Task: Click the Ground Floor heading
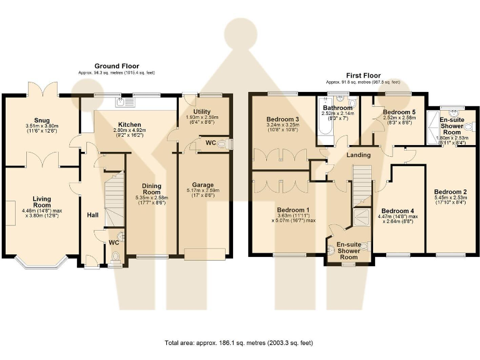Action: pyautogui.click(x=116, y=66)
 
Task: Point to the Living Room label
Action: pyautogui.click(x=42, y=202)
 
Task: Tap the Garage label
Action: pyautogui.click(x=203, y=185)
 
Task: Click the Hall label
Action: pyautogui.click(x=92, y=215)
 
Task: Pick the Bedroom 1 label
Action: pyautogui.click(x=294, y=209)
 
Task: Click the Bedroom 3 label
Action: pyautogui.click(x=282, y=119)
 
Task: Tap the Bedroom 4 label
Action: pyautogui.click(x=397, y=211)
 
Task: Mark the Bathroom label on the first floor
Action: pyautogui.click(x=337, y=108)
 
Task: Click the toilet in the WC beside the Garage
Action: pyautogui.click(x=227, y=144)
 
